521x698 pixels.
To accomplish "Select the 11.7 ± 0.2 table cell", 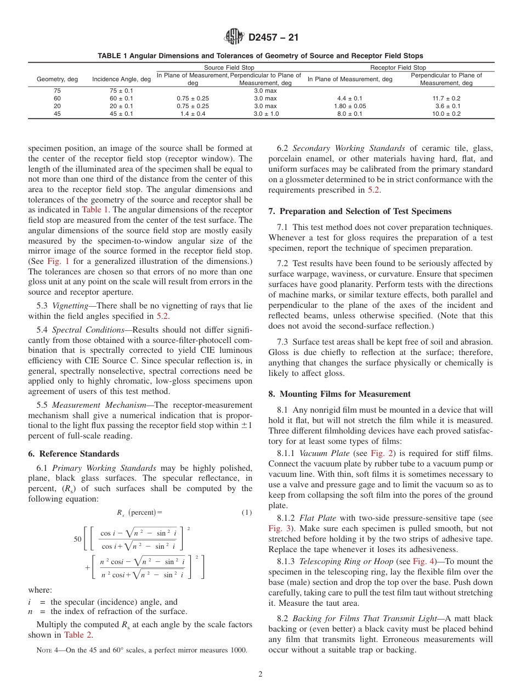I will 447,98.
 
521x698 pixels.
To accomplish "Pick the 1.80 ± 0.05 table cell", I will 349,106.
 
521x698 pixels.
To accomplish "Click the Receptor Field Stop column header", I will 398,67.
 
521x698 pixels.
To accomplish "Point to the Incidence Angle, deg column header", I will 121,79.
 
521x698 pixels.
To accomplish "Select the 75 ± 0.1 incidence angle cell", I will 121,91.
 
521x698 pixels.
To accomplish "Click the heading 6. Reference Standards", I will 73,454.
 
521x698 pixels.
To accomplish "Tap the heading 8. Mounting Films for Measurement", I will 339,394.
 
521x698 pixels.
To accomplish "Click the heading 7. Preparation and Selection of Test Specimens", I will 360,211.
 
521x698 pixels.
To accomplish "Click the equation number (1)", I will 246,513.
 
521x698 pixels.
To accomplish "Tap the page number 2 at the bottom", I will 260,674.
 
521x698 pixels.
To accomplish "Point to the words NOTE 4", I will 47,650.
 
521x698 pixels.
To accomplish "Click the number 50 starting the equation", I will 77,539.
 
